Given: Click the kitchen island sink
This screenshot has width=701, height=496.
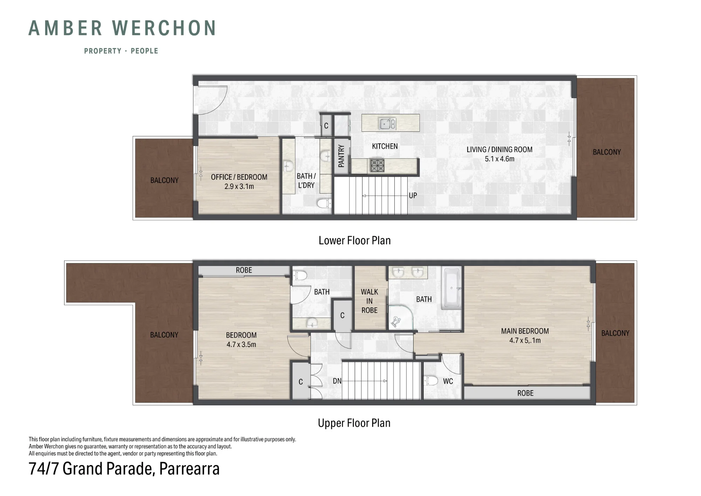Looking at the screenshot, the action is [387, 123].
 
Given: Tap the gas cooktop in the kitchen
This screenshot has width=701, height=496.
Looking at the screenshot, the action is [377, 165].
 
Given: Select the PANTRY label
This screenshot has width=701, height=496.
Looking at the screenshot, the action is [341, 156].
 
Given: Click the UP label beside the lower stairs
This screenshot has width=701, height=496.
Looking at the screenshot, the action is [413, 196].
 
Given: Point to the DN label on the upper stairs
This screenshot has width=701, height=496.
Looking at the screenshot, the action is [337, 381].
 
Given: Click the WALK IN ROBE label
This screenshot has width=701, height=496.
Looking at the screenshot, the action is [369, 301].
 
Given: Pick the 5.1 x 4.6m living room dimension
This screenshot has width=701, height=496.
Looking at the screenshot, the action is [499, 159].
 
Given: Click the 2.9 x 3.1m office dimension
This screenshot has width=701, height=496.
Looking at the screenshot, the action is [239, 186].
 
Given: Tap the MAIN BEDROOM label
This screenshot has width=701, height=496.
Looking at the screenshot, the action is [525, 331].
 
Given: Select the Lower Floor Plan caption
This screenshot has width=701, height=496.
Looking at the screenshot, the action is [354, 240].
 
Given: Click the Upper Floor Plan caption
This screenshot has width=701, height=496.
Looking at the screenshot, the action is [354, 423].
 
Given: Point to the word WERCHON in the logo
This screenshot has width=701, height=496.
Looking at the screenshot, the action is [164, 28].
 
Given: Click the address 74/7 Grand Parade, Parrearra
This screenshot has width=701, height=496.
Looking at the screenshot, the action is [124, 469].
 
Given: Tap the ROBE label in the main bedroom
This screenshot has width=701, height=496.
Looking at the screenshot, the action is [525, 393].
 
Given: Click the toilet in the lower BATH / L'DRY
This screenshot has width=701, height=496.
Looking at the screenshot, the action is [324, 203].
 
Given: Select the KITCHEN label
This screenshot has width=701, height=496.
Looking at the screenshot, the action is [385, 146].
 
